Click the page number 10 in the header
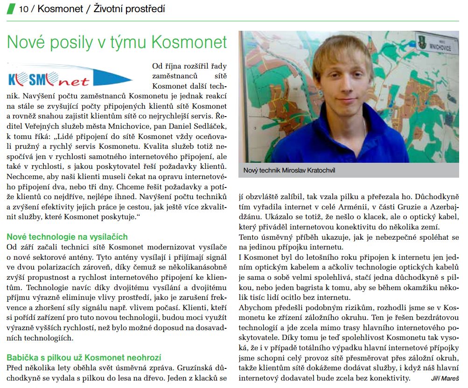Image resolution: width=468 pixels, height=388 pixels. pos(23,8)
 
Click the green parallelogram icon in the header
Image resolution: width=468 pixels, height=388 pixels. pos(10,8)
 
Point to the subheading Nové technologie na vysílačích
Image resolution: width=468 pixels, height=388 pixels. pos(67,237)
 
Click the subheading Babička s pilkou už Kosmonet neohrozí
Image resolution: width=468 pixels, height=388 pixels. pos(84,358)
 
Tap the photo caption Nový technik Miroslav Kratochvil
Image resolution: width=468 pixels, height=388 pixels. pos(289,171)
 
